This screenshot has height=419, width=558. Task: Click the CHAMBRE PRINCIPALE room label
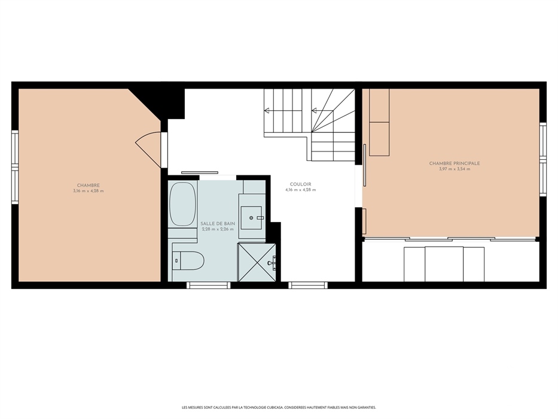[455, 163]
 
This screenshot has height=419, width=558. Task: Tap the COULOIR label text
[300, 184]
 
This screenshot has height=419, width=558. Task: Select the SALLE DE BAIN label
[218, 223]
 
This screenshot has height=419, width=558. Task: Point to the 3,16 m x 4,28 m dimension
[89, 191]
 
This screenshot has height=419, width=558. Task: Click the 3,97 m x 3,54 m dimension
[455, 169]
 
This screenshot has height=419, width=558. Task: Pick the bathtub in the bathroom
[182, 204]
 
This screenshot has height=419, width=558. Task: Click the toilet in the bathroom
[188, 260]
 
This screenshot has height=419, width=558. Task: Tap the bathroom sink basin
[251, 218]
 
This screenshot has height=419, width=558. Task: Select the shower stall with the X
[257, 262]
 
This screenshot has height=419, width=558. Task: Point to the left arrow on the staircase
[267, 111]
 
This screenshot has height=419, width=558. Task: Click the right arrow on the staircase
[314, 111]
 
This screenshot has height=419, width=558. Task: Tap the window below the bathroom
[209, 285]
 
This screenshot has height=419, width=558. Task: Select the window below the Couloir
[307, 285]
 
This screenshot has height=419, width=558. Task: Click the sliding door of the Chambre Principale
[364, 165]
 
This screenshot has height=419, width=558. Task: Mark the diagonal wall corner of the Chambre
[144, 104]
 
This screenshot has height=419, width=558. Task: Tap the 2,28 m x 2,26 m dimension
[218, 229]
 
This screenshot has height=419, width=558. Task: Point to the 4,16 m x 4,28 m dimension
[300, 190]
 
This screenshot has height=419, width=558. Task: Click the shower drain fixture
[272, 263]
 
